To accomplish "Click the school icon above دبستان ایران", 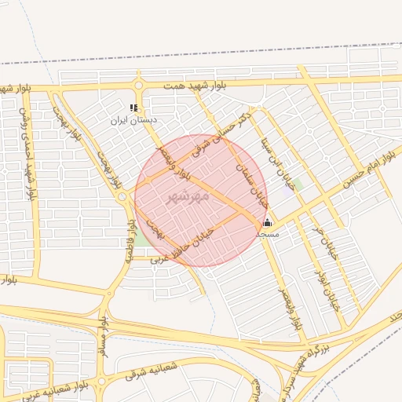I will [134, 108].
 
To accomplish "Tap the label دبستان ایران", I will [133, 120].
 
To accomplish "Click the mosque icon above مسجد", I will [267, 222].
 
